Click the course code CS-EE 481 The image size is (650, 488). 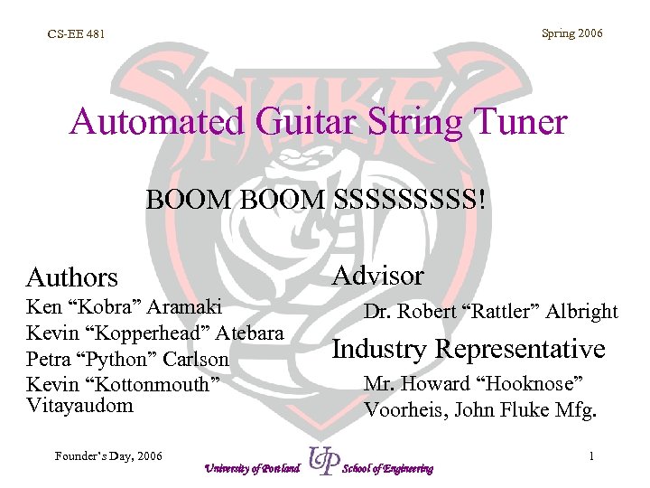click(x=76, y=35)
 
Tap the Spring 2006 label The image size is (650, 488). click(x=571, y=33)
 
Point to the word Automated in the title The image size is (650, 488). click(x=148, y=121)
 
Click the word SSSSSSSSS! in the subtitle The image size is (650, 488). click(x=409, y=199)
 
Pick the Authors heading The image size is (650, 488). click(x=72, y=277)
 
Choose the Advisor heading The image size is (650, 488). click(x=378, y=275)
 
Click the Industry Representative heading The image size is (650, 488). click(x=469, y=348)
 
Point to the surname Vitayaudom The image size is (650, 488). click(x=79, y=405)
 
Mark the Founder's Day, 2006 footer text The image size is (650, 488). click(x=107, y=455)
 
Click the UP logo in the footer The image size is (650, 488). click(x=322, y=460)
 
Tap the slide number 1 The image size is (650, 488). click(x=590, y=456)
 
